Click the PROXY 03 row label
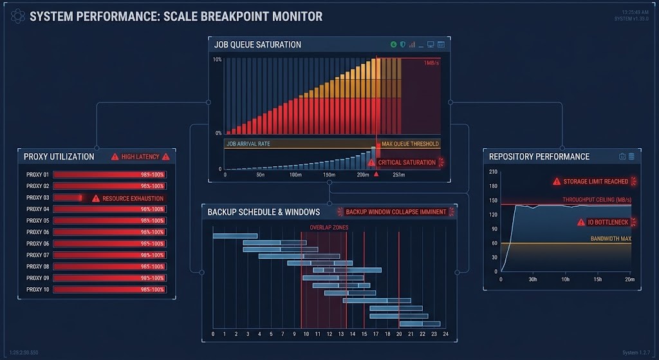click(37, 198)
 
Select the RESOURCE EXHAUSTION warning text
click(133, 198)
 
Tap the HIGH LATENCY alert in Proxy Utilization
click(140, 156)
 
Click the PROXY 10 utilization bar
click(109, 290)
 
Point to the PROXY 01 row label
click(37, 175)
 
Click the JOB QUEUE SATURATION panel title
click(257, 44)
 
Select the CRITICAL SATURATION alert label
click(407, 162)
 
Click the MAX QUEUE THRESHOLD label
click(410, 144)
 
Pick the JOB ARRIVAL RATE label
click(248, 144)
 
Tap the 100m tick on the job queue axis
click(295, 175)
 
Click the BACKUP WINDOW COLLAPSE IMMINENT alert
click(396, 212)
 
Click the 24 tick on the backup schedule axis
click(445, 334)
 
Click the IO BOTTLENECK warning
click(608, 222)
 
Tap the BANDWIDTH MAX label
click(611, 239)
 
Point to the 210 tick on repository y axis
click(494, 172)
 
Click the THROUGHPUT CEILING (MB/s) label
click(597, 200)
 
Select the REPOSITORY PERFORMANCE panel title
click(539, 156)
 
